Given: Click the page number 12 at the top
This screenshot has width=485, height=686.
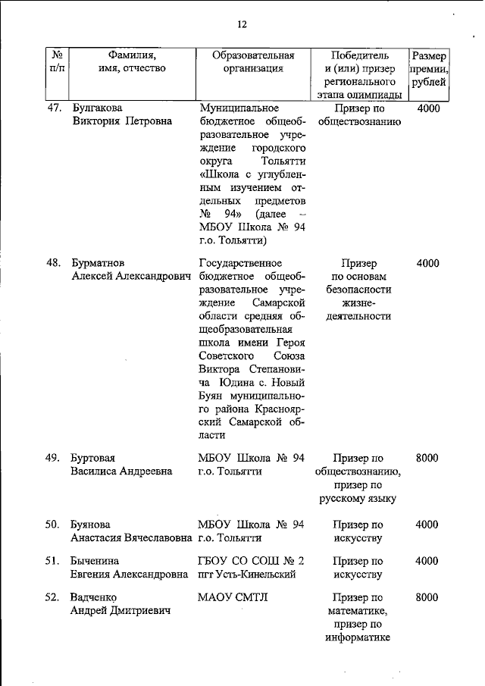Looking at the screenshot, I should pos(242,25).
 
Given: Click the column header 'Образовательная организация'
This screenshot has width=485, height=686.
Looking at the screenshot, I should pos(252,61).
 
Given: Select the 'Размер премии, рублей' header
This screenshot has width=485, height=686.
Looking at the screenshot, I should pos(427,69).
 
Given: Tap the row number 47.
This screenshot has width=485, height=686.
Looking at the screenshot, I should pos(54,108).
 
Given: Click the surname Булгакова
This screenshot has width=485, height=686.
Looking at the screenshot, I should pos(97,108).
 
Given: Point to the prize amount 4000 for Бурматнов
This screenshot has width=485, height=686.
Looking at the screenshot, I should pos(427,264).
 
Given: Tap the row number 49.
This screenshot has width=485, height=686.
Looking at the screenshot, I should pos(54,458).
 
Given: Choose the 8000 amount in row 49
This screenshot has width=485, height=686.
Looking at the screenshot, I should pos(427,458).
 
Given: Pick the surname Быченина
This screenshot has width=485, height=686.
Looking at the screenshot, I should pos(95,561).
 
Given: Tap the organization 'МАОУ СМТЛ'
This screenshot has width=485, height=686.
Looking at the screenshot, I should pos(233,597).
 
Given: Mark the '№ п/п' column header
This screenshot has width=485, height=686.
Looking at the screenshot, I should pos(57,61).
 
